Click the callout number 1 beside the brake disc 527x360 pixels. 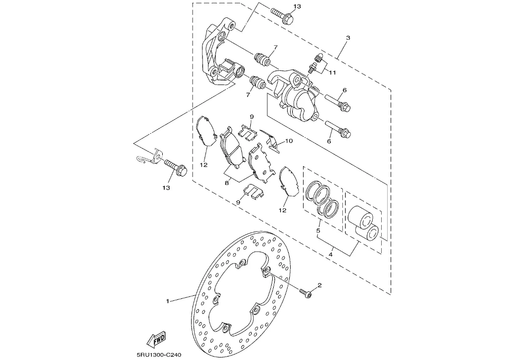pos(168,301)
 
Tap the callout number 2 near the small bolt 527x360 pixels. pos(319,285)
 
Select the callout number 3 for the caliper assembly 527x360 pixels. pos(348,38)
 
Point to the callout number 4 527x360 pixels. pos(331,255)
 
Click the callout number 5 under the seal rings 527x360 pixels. pos(318,231)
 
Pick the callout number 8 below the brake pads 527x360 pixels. pos(227,183)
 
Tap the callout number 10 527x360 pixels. pos(289,141)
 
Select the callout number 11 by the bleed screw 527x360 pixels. pos(332,73)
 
